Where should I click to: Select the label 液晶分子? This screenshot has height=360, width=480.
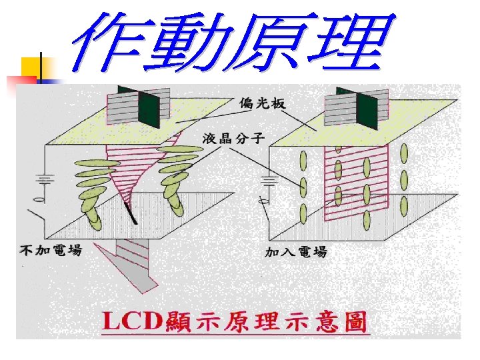tap(233, 139)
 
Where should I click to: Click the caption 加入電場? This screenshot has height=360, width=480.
tap(296, 251)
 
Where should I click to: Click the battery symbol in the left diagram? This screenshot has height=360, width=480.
tap(44, 181)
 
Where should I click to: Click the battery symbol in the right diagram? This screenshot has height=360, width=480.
tap(269, 181)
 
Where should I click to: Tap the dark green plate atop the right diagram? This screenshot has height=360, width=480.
tap(366, 107)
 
